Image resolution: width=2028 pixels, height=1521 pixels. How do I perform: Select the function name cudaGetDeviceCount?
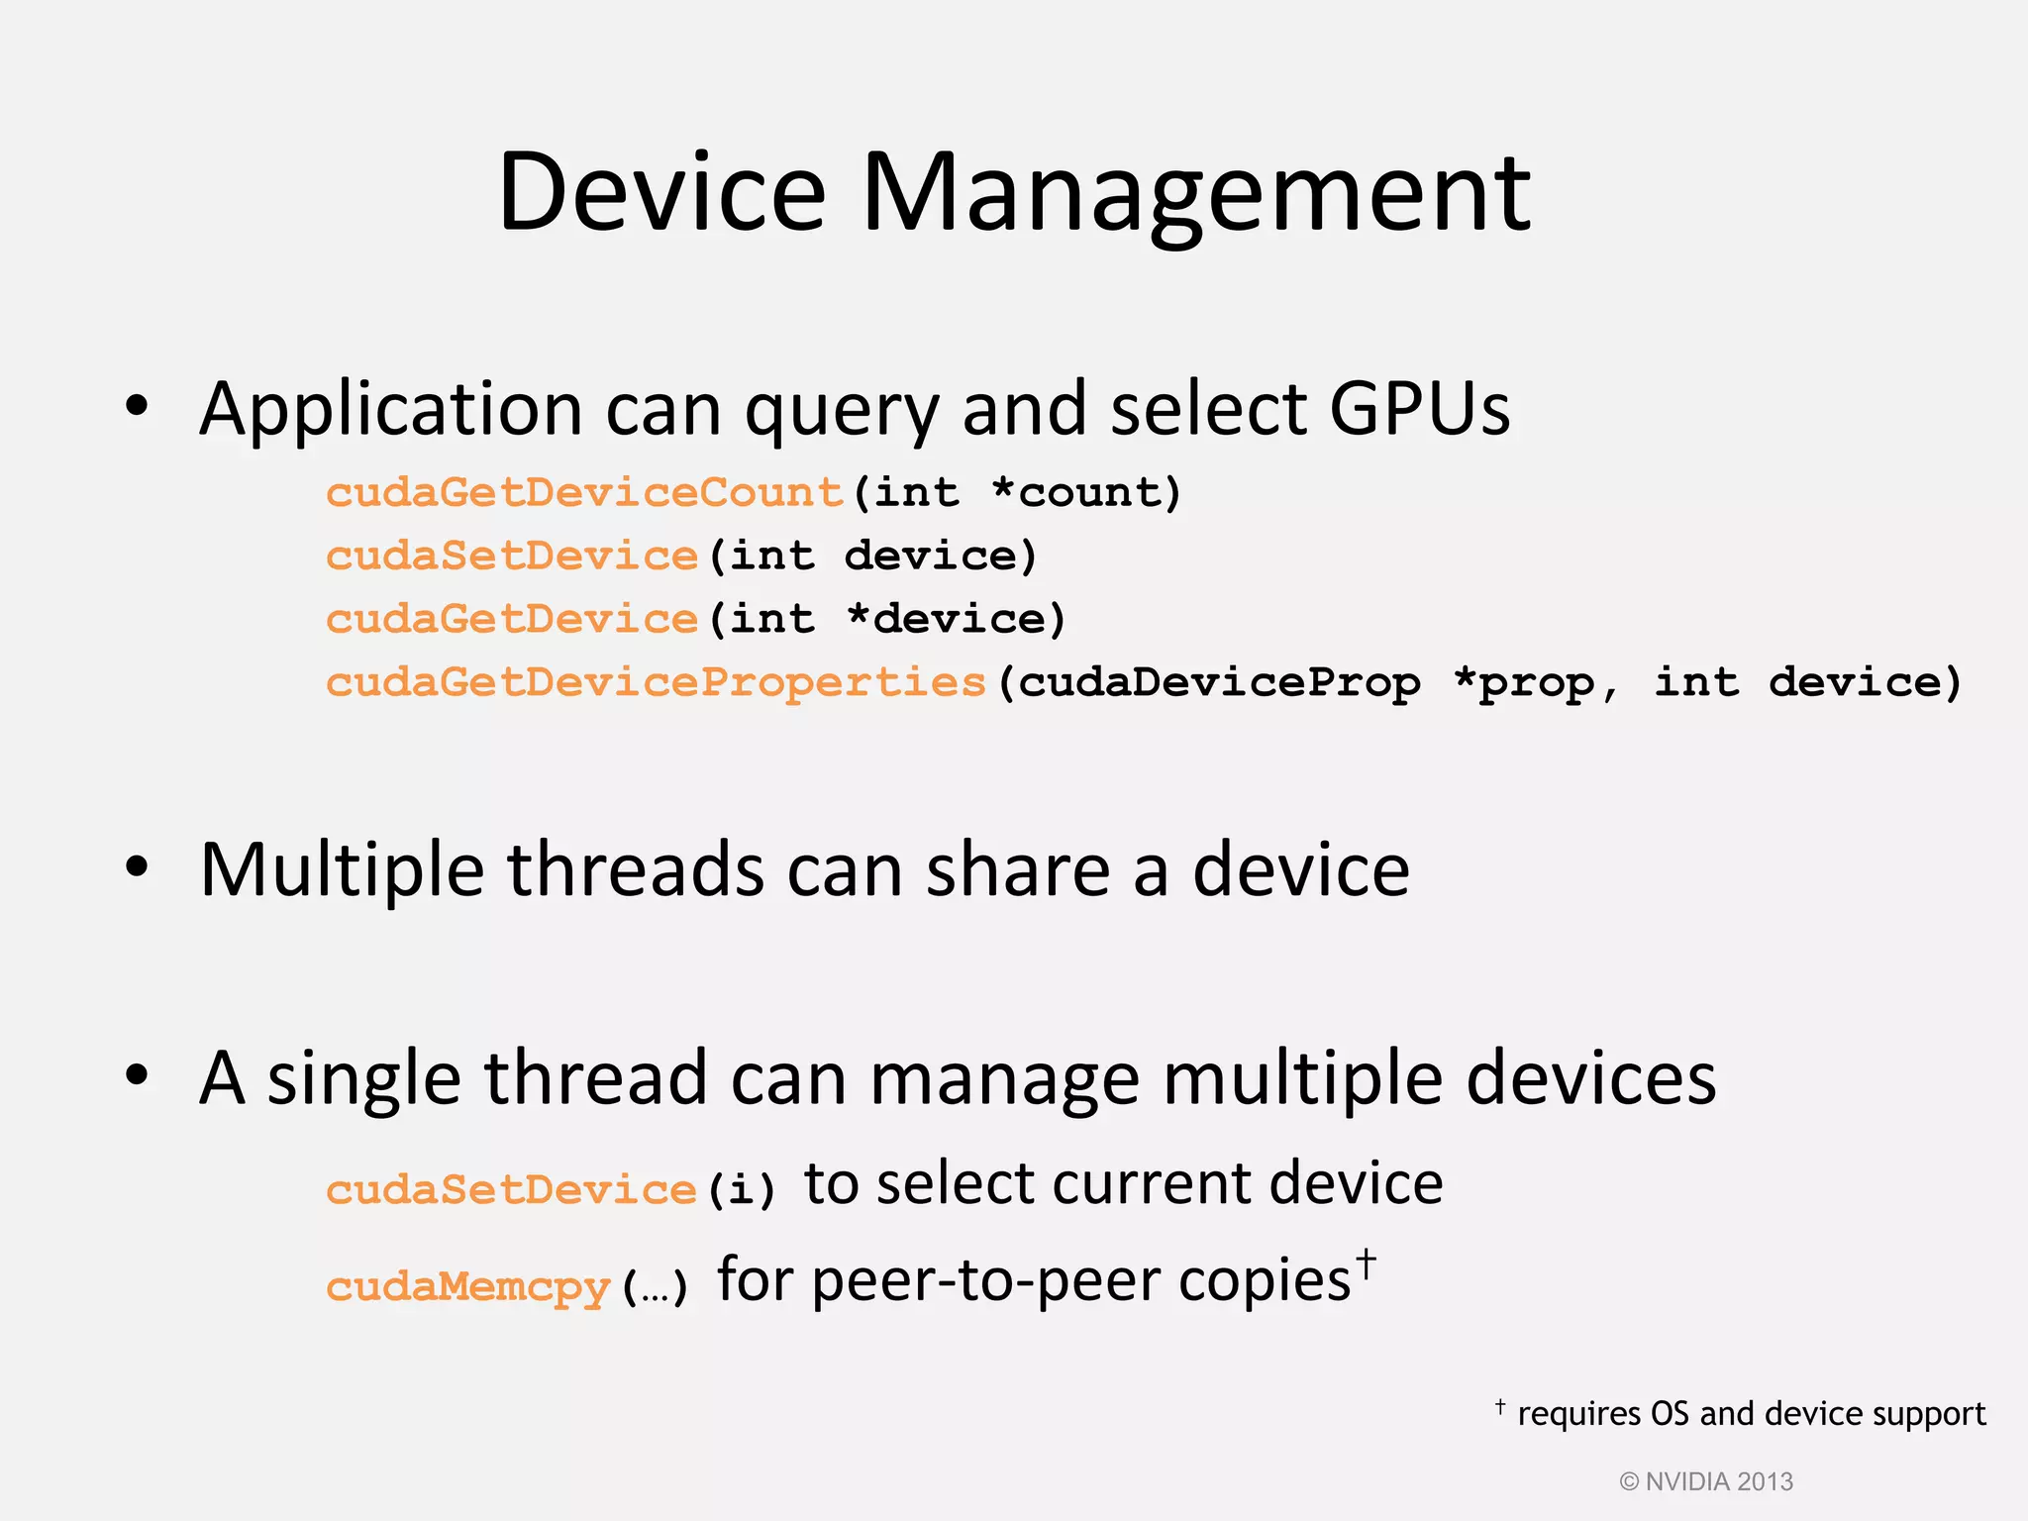click(584, 492)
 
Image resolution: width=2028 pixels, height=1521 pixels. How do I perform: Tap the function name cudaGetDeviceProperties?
click(657, 682)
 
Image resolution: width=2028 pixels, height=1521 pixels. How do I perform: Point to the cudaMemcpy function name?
click(467, 1286)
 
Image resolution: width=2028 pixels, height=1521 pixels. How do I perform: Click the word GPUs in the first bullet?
click(1419, 408)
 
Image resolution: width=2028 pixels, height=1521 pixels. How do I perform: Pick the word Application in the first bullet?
click(391, 410)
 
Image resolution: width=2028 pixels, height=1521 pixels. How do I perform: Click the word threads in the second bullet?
click(636, 869)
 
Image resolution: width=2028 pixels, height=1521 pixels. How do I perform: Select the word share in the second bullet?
click(1017, 869)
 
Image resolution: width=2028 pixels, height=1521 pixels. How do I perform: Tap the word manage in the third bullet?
click(1004, 1078)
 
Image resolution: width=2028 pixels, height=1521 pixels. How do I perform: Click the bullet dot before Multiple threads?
click(137, 867)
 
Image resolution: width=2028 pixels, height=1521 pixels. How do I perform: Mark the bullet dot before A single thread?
click(137, 1075)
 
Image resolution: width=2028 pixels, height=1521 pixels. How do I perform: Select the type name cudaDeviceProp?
click(1219, 682)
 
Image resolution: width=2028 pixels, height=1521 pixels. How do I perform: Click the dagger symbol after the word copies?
click(1366, 1264)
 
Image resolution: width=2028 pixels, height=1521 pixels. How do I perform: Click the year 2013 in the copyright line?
click(1765, 1481)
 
